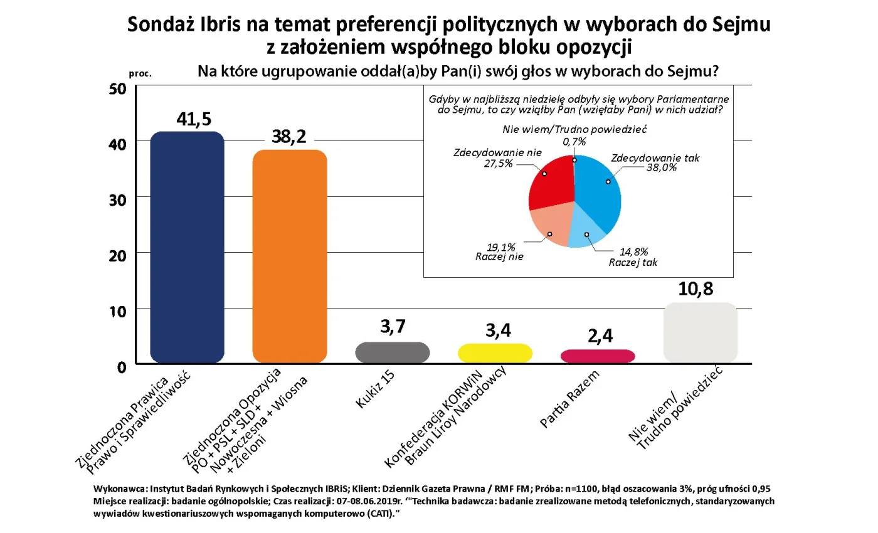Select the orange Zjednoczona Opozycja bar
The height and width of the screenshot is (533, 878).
tap(289, 256)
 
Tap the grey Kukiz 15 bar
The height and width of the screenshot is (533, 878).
tap(392, 352)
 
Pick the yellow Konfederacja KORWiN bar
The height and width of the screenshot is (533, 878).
tap(495, 353)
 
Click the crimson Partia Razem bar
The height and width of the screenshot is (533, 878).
tap(598, 356)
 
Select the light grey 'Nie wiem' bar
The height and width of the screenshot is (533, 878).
tap(700, 333)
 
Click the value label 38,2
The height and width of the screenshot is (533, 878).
tap(289, 137)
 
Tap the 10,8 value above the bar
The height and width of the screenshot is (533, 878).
tap(696, 290)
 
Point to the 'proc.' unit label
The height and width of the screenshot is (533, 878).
tap(140, 73)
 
